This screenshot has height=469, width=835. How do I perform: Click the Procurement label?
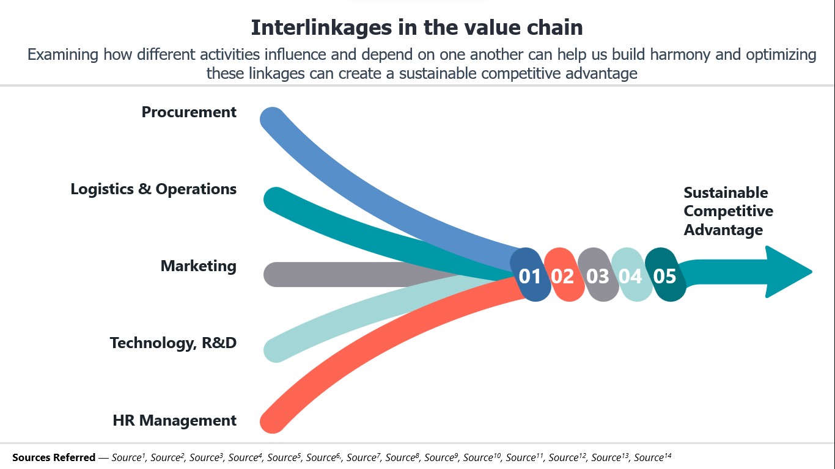click(189, 112)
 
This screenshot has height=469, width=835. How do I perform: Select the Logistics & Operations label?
click(153, 189)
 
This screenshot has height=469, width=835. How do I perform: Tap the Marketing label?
click(198, 266)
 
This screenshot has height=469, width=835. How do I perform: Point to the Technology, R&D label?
click(173, 343)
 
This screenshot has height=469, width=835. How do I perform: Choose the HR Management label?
click(174, 421)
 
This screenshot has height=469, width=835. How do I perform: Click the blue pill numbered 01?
click(530, 275)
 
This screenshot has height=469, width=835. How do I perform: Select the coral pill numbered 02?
click(564, 275)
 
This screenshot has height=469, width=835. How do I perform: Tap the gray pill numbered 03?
click(598, 275)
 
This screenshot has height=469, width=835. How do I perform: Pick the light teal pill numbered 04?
click(631, 275)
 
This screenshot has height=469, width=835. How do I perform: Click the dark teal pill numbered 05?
click(666, 275)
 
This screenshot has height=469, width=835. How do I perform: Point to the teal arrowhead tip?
click(812, 272)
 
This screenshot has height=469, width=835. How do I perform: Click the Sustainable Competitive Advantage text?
click(728, 211)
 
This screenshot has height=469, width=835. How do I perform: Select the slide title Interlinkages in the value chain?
click(417, 27)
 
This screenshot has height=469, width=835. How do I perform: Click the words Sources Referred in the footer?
click(54, 457)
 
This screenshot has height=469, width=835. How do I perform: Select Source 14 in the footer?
click(652, 457)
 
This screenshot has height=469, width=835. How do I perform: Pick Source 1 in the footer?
click(128, 457)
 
